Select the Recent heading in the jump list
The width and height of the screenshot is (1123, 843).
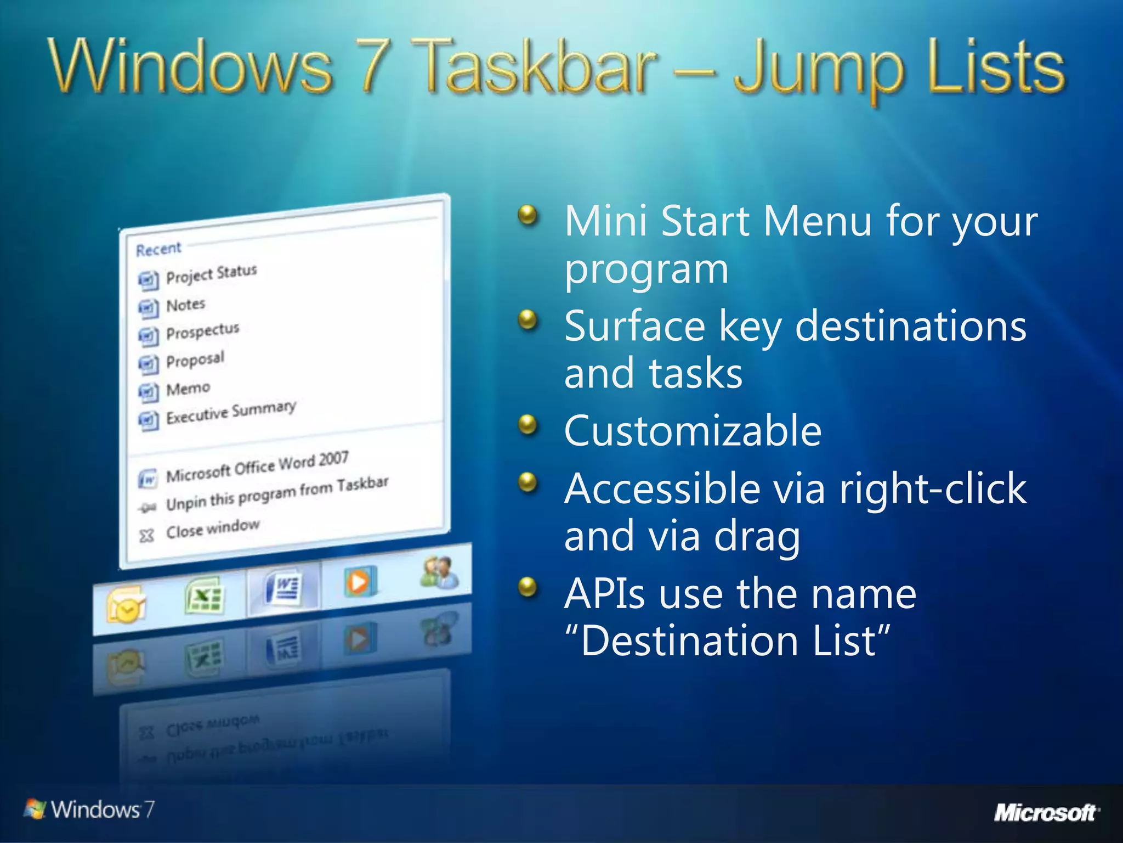(158, 250)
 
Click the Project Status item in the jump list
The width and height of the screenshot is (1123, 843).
(211, 274)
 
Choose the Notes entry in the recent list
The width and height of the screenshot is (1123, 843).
(185, 305)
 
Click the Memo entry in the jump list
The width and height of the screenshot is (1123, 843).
(188, 389)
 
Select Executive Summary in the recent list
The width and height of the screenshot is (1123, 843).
(230, 413)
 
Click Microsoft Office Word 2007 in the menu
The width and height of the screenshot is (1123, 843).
(257, 467)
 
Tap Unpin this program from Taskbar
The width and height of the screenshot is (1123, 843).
(277, 493)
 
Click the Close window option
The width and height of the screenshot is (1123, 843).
(213, 529)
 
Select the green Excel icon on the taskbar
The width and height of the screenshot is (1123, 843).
(204, 595)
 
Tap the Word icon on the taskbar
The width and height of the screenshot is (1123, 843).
(283, 588)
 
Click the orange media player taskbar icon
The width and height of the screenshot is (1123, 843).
(360, 582)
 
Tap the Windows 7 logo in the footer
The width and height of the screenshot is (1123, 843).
(89, 809)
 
